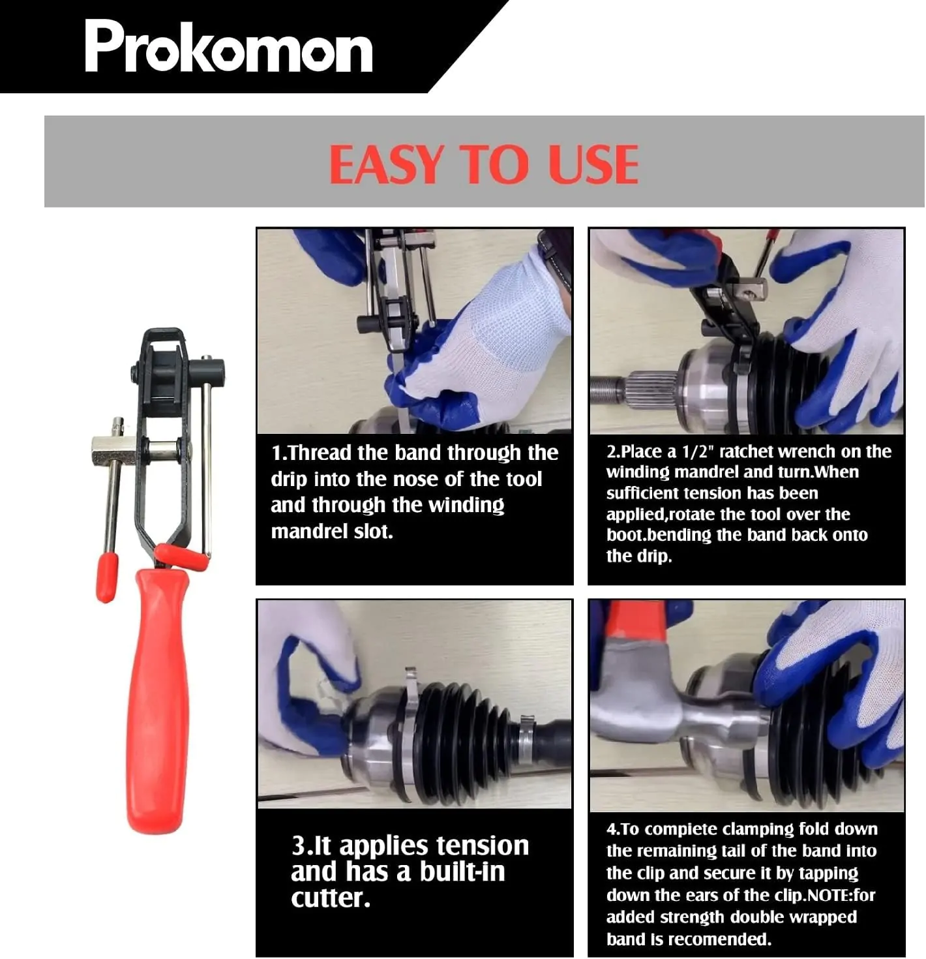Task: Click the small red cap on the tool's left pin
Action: click(106, 577)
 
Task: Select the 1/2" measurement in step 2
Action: click(695, 452)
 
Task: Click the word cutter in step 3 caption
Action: click(330, 898)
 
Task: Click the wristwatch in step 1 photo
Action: click(556, 256)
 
